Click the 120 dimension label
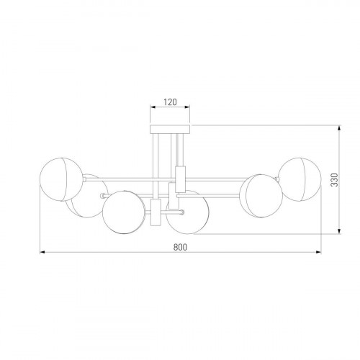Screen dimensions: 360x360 [x=170, y=102]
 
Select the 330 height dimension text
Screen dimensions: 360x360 [x=334, y=179]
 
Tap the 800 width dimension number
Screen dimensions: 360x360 [x=180, y=247]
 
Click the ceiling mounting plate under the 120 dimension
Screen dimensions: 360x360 [x=170, y=129]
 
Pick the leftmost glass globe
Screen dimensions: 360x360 [x=61, y=179]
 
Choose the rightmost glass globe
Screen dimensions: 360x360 [x=300, y=179]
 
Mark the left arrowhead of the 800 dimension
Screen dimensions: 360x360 [x=42, y=252]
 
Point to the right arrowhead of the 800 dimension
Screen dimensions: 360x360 [x=319, y=252]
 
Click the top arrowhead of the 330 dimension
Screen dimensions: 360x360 [x=339, y=127]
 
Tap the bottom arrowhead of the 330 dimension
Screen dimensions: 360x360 [x=339, y=231]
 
